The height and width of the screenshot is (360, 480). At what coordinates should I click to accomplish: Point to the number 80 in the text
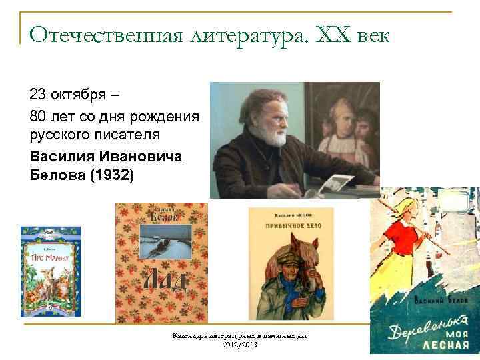39,117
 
